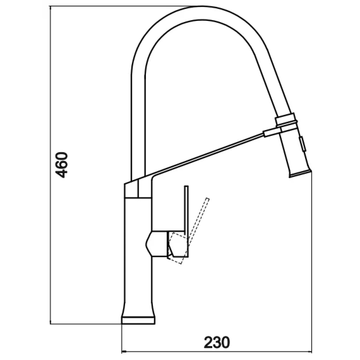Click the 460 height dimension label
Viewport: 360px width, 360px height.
click(x=62, y=165)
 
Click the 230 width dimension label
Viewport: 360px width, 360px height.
click(x=217, y=342)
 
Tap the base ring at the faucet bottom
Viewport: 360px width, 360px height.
click(x=138, y=320)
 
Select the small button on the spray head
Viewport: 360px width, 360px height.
click(x=302, y=144)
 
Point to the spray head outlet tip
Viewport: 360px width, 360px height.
click(x=300, y=174)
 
